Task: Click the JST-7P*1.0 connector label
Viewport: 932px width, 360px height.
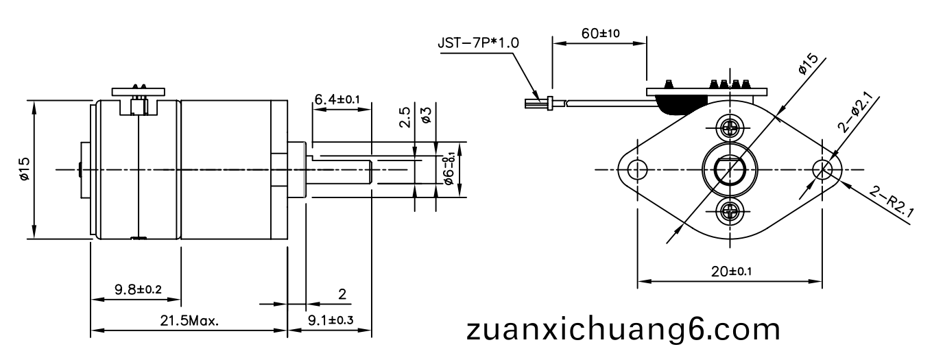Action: point(479,43)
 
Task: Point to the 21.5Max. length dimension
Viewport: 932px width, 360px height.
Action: point(190,321)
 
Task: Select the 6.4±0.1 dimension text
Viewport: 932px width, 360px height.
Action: point(337,99)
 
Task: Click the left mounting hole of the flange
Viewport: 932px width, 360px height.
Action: point(638,169)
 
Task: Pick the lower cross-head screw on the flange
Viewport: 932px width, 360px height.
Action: point(730,211)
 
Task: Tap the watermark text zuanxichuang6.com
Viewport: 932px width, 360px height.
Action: point(623,329)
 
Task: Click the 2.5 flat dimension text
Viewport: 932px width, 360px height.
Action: point(405,119)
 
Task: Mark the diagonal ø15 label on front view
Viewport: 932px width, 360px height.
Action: point(807,69)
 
